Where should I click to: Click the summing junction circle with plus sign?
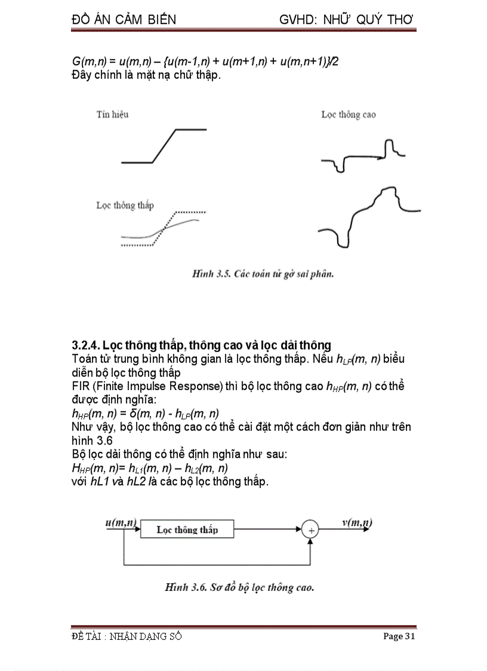pyautogui.click(x=310, y=529)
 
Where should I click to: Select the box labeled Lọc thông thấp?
pyautogui.click(x=187, y=529)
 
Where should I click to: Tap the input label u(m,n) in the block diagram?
pyautogui.click(x=121, y=522)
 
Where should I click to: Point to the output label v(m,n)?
pyautogui.click(x=357, y=522)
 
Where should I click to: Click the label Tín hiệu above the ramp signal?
pyautogui.click(x=112, y=114)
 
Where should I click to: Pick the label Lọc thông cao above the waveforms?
pyautogui.click(x=349, y=114)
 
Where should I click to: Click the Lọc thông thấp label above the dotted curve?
pyautogui.click(x=125, y=205)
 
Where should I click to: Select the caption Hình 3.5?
pyautogui.click(x=262, y=274)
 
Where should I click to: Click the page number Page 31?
pyautogui.click(x=399, y=636)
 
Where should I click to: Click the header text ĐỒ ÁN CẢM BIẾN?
pyautogui.click(x=124, y=20)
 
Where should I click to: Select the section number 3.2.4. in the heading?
pyautogui.click(x=86, y=345)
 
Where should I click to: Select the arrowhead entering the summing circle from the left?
pyautogui.click(x=298, y=529)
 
